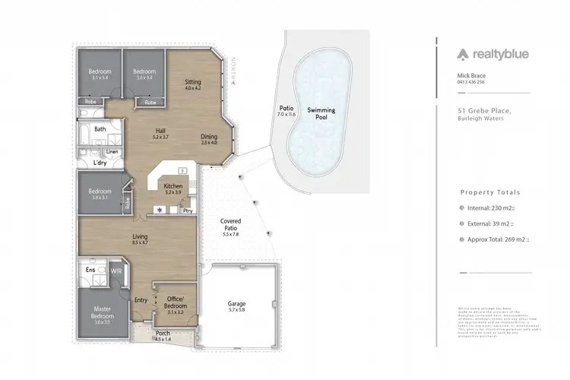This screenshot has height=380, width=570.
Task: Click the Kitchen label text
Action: pos(173,186)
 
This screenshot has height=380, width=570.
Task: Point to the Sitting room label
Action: pos(192,84)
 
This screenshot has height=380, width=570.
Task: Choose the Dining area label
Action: pos(209,138)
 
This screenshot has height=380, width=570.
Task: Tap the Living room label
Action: pos(139,238)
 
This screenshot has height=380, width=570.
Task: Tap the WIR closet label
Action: pos(116,270)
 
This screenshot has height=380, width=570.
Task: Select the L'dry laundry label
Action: pos(99,163)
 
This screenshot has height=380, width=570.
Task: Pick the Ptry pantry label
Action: pos(187,210)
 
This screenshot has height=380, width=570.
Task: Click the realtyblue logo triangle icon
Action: pos(462,54)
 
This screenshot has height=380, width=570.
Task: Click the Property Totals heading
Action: pos(489,193)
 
